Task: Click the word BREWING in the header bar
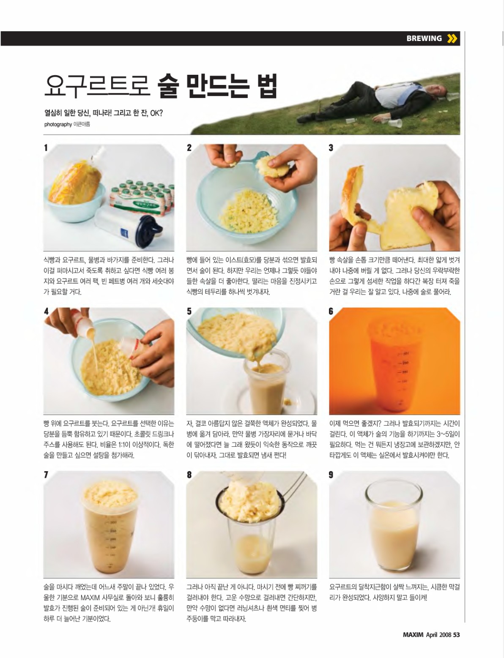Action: pyautogui.click(x=424, y=38)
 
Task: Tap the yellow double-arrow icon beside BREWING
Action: pyautogui.click(x=452, y=38)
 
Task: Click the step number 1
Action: pyautogui.click(x=46, y=148)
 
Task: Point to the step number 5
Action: pyautogui.click(x=189, y=311)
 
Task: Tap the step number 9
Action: pyautogui.click(x=331, y=475)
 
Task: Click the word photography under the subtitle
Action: pyautogui.click(x=58, y=124)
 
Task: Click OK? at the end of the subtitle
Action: pyautogui.click(x=156, y=113)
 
